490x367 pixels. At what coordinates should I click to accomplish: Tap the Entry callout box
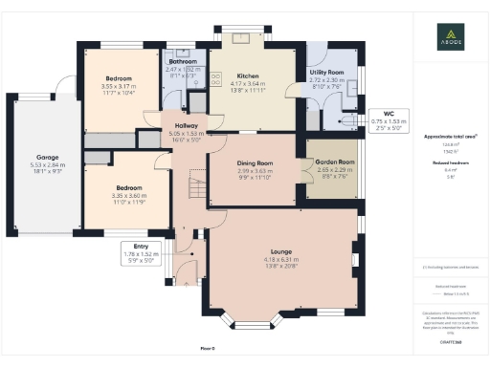[142, 252]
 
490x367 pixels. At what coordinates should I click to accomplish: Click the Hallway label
[180, 127]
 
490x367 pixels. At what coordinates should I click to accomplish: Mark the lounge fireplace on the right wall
[355, 258]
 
